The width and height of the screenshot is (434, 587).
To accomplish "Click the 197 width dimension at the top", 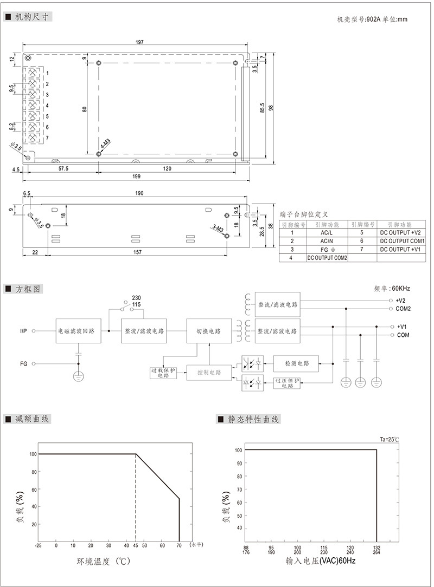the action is (x=139, y=42).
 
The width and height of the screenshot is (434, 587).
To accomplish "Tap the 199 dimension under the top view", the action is (x=136, y=177).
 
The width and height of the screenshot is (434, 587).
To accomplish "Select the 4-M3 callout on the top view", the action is (x=105, y=144).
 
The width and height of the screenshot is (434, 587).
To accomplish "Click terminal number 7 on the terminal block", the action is (x=47, y=138).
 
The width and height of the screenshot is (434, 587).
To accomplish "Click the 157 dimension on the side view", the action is (x=138, y=252).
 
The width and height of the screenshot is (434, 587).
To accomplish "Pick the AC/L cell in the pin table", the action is (x=327, y=232).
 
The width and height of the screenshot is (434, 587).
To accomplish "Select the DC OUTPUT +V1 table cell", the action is (x=400, y=249).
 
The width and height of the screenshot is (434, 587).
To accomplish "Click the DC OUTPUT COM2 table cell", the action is (x=327, y=258).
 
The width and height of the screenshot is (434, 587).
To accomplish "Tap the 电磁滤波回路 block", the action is (x=79, y=331).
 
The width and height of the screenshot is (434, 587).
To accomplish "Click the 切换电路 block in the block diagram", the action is (x=209, y=331).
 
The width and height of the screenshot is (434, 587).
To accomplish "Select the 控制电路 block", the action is (x=209, y=373).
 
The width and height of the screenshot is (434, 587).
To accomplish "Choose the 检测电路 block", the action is (x=296, y=363).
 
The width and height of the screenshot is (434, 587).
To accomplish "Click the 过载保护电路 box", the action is (x=163, y=373).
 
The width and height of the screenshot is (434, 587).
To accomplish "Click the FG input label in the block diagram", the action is (x=24, y=363).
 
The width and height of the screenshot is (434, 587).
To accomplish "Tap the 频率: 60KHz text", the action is (x=392, y=288).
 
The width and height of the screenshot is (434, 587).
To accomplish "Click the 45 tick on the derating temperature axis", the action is (x=136, y=545).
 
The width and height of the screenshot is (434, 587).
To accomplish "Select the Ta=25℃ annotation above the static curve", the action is (x=390, y=440).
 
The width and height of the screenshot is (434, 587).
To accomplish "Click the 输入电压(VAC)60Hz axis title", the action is (x=320, y=560).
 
